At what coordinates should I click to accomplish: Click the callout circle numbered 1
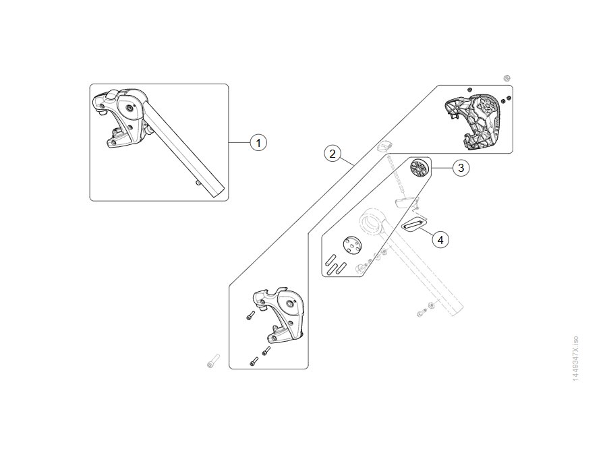coord(258,143)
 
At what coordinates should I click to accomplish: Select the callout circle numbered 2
coord(332,154)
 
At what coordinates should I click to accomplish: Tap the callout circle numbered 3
coord(461,168)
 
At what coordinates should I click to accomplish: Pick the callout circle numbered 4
coord(440,240)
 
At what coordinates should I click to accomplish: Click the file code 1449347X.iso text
coord(575,359)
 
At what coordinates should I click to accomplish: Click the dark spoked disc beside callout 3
coord(420,169)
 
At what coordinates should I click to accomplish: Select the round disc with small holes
coord(352,246)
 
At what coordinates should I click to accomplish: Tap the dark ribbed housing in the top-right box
coord(472,121)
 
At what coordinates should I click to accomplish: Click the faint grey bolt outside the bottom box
coord(213,361)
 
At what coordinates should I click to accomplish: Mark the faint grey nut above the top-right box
coord(507,79)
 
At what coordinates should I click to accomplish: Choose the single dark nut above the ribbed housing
coord(469,90)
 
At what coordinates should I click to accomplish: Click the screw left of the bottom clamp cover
coord(250,315)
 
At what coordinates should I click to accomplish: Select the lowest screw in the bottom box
coord(254,361)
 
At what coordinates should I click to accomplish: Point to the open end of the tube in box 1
coord(218,191)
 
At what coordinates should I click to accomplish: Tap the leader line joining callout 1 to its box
coord(239,143)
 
